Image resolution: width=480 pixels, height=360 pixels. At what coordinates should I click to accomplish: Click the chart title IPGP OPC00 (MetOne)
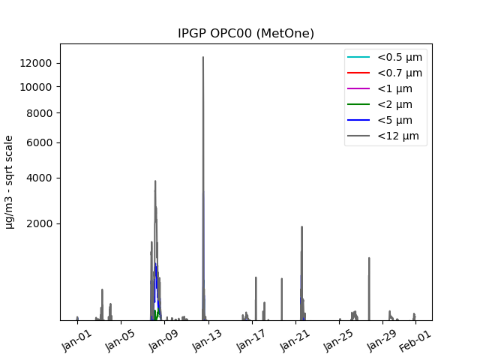(246, 33)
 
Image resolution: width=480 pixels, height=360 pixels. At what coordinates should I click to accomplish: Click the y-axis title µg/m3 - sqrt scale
(10, 181)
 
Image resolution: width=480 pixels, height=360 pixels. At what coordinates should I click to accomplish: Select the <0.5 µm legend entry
(399, 57)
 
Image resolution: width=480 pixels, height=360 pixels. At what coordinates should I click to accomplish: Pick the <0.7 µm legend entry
(399, 73)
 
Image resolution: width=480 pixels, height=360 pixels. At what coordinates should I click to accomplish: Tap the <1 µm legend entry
(394, 88)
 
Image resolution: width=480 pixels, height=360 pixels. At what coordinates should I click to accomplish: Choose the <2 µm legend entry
(394, 104)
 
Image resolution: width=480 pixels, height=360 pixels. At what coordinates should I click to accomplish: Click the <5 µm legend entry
(394, 120)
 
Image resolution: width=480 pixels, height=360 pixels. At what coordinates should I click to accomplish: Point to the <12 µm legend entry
(397, 136)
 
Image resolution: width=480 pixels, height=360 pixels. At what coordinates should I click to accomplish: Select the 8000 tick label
(40, 113)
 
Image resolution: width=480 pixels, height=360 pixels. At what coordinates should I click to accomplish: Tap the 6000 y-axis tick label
(40, 142)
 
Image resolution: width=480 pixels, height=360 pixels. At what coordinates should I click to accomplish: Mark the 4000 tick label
(40, 178)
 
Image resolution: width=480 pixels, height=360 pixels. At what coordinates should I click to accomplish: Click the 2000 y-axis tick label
(40, 223)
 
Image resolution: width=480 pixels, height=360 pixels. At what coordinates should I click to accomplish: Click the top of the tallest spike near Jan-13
(202, 57)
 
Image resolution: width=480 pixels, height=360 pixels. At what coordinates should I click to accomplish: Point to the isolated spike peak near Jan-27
(369, 258)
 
